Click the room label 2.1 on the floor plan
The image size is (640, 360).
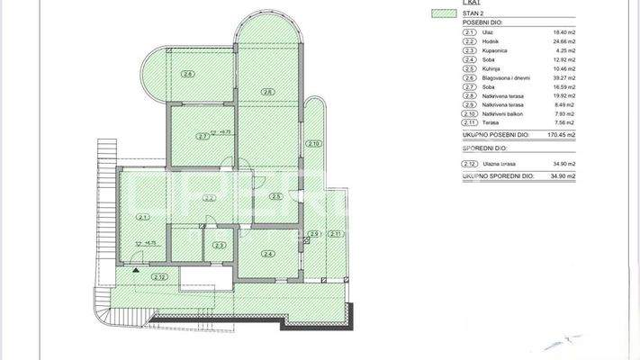coord(142,217)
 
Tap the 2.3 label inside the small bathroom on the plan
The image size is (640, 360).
coord(219,245)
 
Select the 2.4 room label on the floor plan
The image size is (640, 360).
coord(266,254)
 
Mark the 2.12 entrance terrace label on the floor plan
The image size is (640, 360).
coord(159,276)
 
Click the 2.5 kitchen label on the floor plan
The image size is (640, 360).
coord(276,197)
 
